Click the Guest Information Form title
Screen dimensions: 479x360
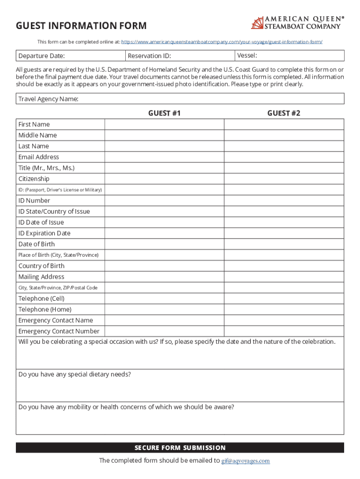point(81,26)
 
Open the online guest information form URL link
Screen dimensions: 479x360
point(222,42)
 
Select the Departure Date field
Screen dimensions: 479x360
point(70,56)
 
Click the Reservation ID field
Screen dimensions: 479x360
point(180,56)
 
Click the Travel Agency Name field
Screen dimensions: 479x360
point(180,99)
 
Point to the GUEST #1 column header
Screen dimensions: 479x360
point(164,113)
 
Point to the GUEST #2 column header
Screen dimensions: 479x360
point(284,113)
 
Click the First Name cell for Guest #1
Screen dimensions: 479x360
point(164,124)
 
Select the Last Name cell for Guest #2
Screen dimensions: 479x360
point(284,146)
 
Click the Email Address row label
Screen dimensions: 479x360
point(39,157)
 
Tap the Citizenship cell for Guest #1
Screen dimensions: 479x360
point(164,179)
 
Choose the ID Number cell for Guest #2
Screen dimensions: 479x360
point(284,201)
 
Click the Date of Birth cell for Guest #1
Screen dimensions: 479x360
point(164,244)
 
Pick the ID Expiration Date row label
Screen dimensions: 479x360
point(44,233)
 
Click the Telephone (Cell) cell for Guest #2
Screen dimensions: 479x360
point(284,298)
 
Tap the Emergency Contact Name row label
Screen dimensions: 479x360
point(56,320)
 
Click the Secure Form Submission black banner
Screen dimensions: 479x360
point(180,448)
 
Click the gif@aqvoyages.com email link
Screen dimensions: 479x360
point(245,461)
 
